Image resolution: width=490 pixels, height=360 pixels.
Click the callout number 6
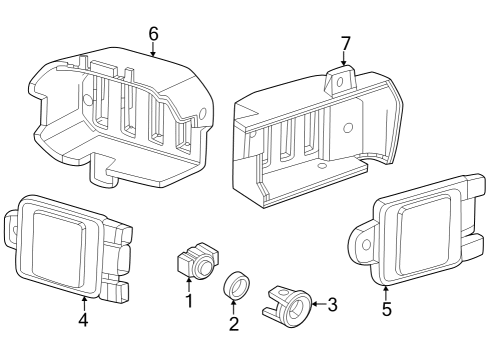coord(153,33)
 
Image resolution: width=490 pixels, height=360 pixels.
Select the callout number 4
coord(84,320)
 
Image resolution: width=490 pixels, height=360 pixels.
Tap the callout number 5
coord(387,309)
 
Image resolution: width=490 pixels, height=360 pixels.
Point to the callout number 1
coord(187,300)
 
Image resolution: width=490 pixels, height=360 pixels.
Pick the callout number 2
coord(234,323)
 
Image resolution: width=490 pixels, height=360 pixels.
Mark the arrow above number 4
coord(84,300)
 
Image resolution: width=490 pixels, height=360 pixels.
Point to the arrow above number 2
coord(234,306)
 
